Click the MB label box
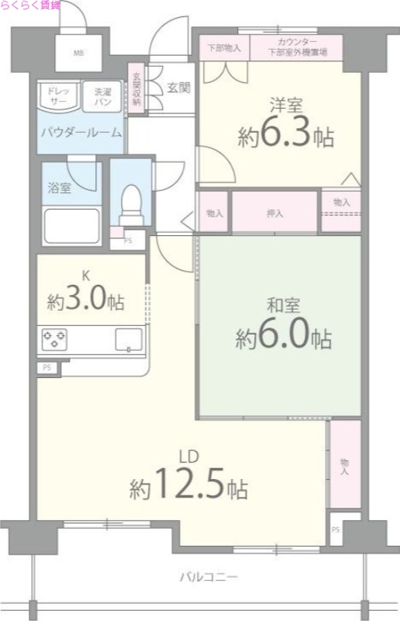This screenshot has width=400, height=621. click(78, 54)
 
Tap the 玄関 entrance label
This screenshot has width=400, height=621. click(178, 88)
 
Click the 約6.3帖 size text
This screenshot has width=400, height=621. click(286, 137)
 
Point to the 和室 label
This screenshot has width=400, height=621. click(284, 307)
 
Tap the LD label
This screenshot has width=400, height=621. click(188, 456)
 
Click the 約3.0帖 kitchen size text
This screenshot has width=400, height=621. click(85, 300)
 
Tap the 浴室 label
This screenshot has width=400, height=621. click(60, 187)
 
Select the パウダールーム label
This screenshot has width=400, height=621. click(81, 132)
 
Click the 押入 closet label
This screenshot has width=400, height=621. click(274, 211)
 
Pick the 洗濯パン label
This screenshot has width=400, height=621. click(103, 96)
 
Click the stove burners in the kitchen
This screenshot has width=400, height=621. click(55, 338)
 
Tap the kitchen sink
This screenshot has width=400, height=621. click(129, 339)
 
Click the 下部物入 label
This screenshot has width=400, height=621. click(224, 47)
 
